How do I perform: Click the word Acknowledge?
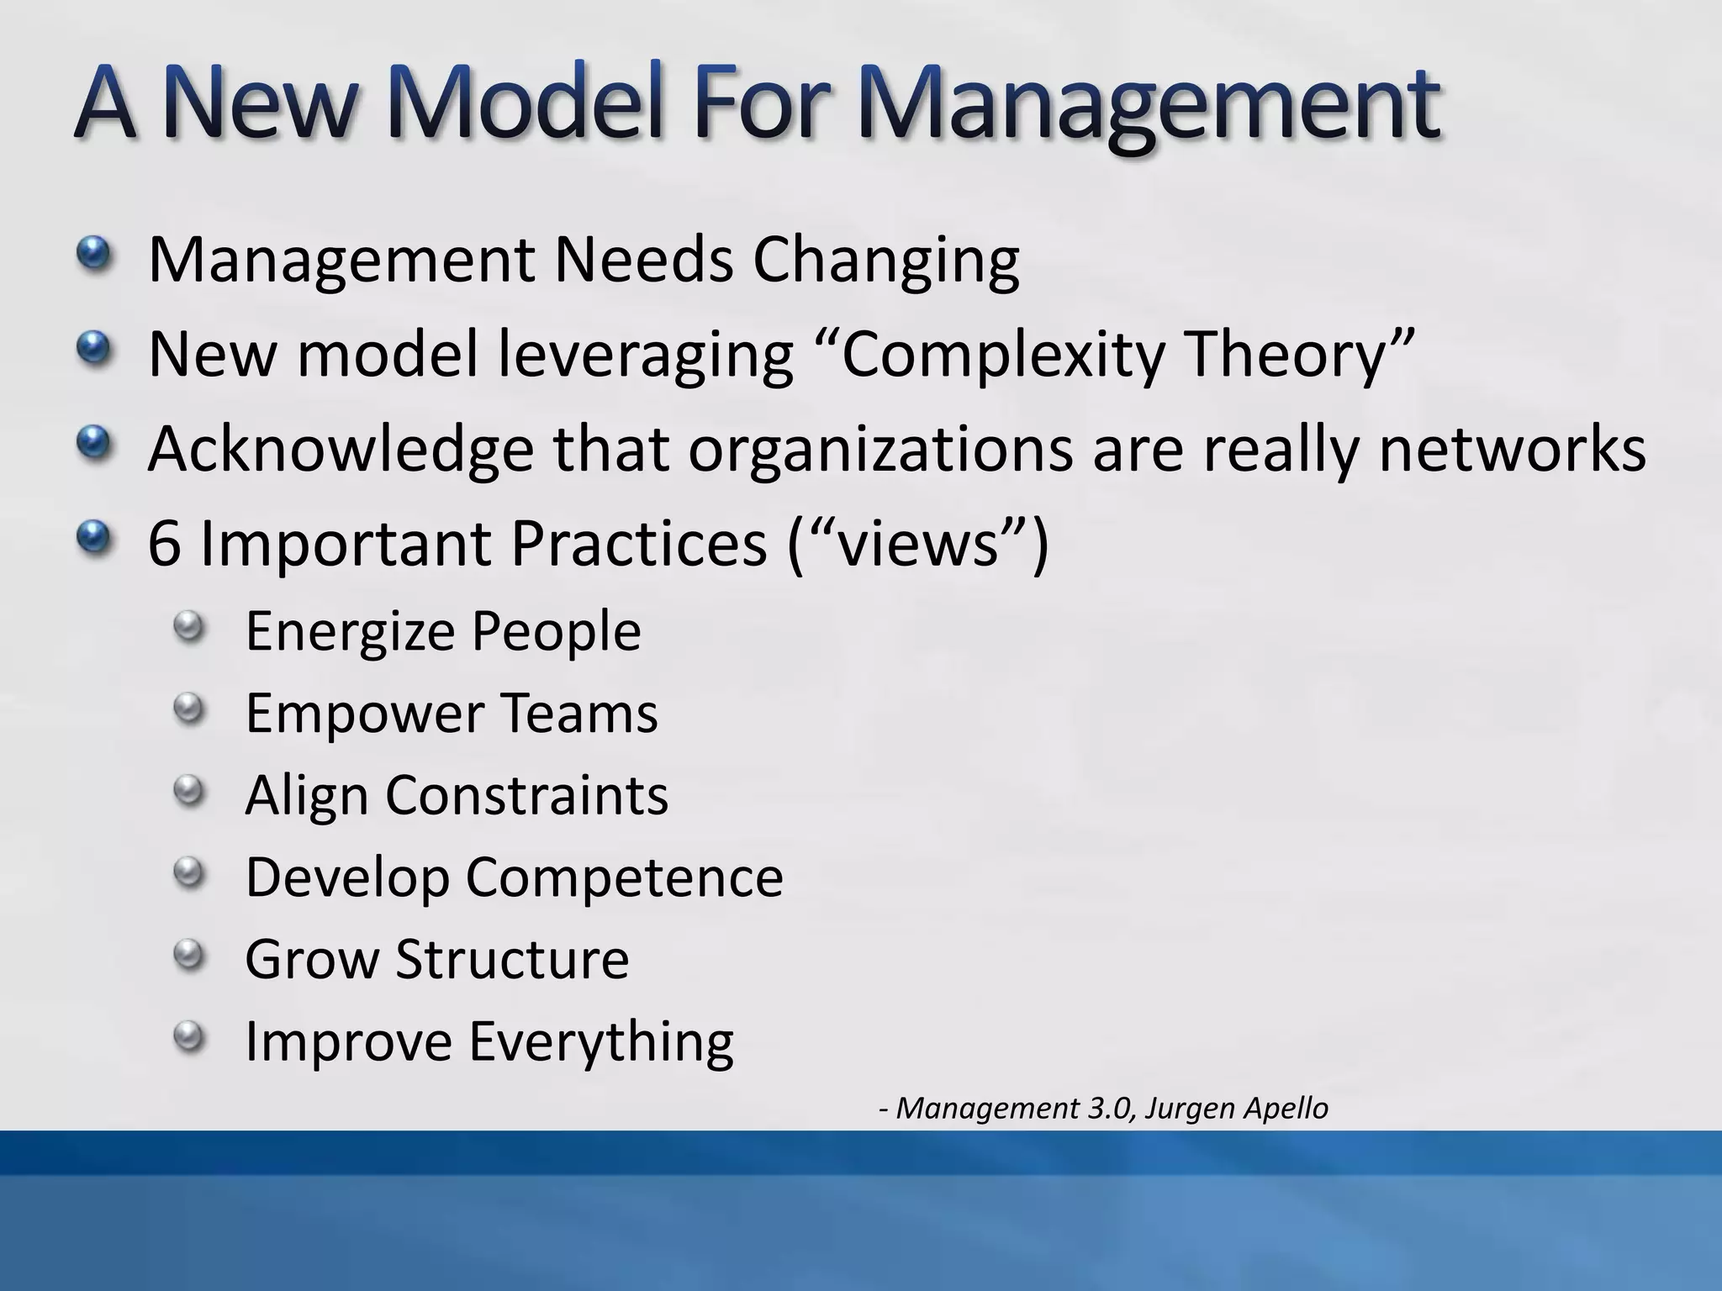pos(341,450)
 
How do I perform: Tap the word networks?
pos(1512,450)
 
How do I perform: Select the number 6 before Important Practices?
pos(164,544)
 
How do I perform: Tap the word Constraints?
pos(527,795)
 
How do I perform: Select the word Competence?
pos(624,877)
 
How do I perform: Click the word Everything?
pos(600,1042)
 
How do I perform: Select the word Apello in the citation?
pos(1286,1109)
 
